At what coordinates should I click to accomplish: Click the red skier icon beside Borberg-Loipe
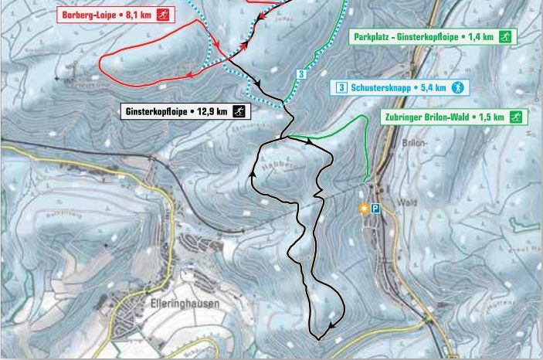(x=163, y=15)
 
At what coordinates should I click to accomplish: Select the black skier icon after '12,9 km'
(x=240, y=111)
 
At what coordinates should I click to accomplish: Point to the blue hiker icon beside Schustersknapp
(x=456, y=87)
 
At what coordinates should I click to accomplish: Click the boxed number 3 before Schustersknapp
(x=341, y=87)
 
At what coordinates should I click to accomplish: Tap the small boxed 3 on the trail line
(x=300, y=74)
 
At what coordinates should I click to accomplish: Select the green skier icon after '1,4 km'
(x=504, y=36)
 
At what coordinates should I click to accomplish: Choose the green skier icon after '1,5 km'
(x=515, y=117)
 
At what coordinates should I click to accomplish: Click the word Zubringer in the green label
(x=402, y=117)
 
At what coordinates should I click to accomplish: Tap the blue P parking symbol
(x=376, y=209)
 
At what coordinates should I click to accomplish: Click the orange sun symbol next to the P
(x=364, y=209)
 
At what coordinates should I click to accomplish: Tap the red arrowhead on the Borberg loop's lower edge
(x=190, y=75)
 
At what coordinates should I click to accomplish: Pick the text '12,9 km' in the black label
(x=212, y=111)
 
